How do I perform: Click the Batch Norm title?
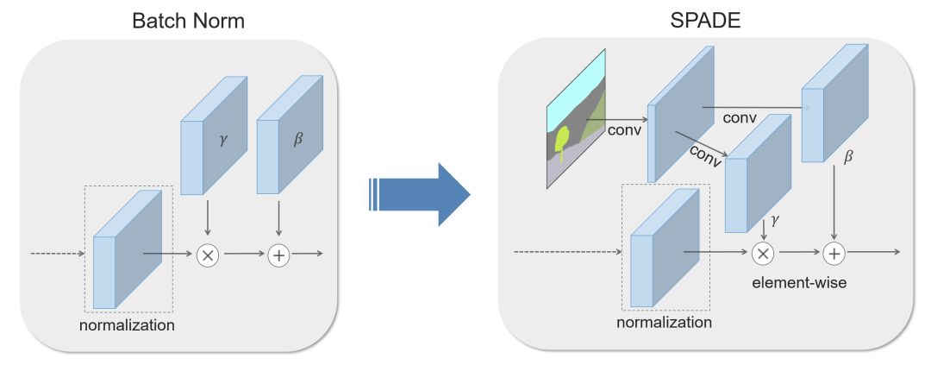tap(188, 20)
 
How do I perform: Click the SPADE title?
tap(705, 20)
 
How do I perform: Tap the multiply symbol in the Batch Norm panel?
tap(207, 255)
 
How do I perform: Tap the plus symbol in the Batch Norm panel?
tap(278, 255)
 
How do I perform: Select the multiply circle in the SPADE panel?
tap(763, 253)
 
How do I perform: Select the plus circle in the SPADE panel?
tap(834, 253)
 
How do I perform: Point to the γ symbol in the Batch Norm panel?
tap(223, 139)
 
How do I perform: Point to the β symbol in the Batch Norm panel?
tap(298, 139)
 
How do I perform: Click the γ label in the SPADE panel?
tap(775, 221)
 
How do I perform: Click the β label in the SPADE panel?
tap(850, 158)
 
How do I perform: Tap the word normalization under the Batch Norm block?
tap(127, 325)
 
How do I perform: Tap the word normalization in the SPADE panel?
tap(664, 323)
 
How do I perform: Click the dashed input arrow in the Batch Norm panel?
tap(57, 255)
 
